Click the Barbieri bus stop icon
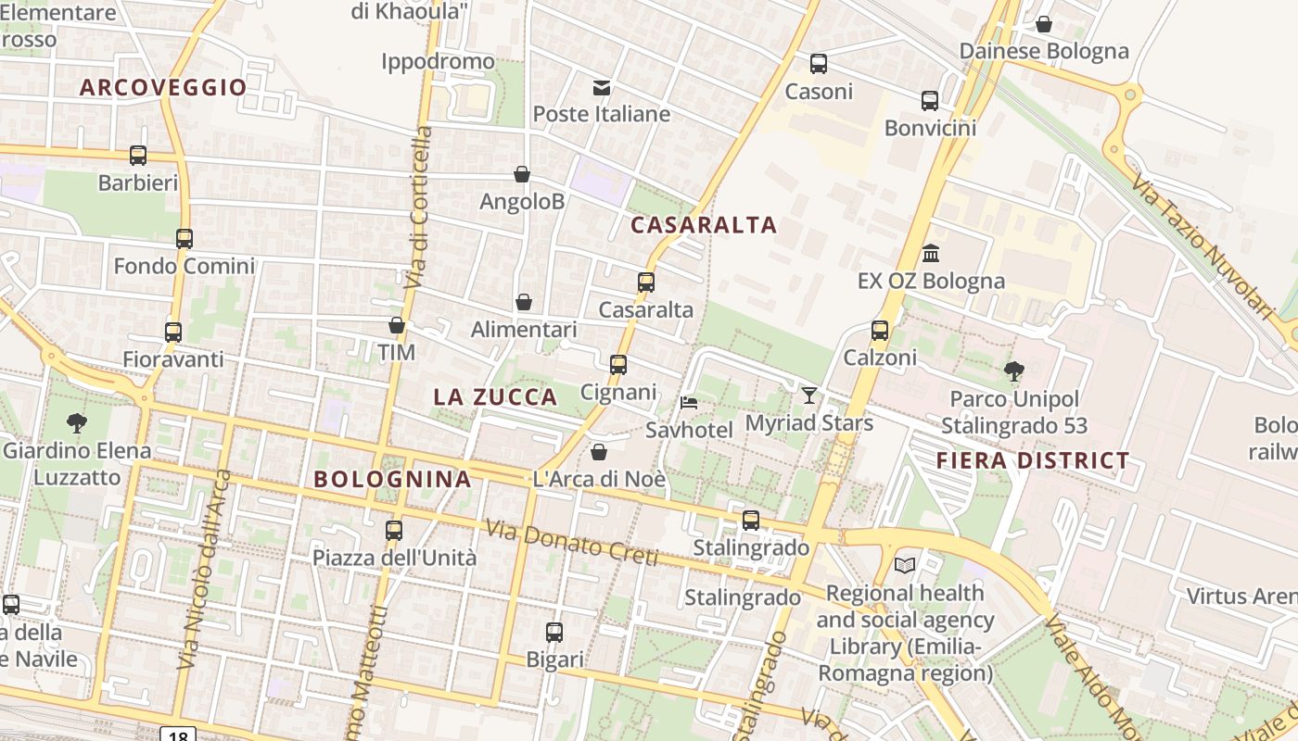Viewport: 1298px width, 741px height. (x=138, y=156)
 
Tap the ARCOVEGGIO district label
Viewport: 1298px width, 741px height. (x=163, y=88)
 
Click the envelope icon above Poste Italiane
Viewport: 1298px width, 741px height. (x=602, y=88)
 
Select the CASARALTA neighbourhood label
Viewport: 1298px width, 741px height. (x=704, y=225)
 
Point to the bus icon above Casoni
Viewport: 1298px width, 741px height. (x=819, y=64)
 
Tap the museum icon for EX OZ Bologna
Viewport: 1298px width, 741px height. (x=931, y=253)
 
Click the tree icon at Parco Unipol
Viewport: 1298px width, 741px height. (x=1014, y=371)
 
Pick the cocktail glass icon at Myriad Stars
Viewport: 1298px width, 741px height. (x=809, y=396)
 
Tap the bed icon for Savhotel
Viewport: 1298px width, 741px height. (x=689, y=403)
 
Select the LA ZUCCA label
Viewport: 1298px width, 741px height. (x=495, y=397)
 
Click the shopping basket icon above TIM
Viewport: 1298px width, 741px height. (x=397, y=325)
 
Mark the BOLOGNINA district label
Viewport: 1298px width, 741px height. (x=392, y=480)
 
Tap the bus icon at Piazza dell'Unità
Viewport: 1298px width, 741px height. (x=394, y=531)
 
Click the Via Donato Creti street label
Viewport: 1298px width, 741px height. (x=571, y=543)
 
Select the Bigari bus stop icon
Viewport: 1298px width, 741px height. (x=554, y=633)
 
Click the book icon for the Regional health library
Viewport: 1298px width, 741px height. (x=905, y=565)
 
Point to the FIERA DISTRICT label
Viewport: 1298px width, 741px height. (x=1033, y=460)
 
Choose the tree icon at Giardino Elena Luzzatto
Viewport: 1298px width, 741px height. (x=77, y=423)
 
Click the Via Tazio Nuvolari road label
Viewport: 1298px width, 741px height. (x=1202, y=245)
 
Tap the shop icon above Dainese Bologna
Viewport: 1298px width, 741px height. (x=1044, y=24)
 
